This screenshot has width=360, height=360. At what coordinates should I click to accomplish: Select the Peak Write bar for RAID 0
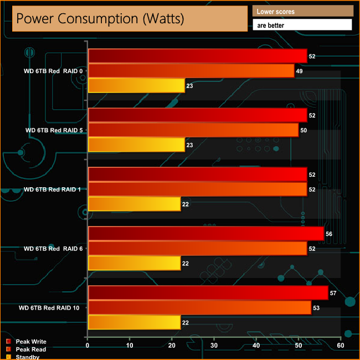click(197, 56)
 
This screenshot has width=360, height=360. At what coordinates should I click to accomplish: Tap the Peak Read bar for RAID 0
click(191, 71)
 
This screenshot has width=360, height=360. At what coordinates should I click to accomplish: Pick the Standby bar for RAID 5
click(136, 145)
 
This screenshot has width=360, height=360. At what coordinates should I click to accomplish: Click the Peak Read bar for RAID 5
click(193, 130)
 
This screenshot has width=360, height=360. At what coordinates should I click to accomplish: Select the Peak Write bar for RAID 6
click(205, 234)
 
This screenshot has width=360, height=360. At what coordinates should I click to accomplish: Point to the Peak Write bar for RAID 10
click(208, 293)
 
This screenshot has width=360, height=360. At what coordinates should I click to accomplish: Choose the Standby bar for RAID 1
click(134, 204)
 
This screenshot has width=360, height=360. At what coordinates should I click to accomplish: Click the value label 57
click(333, 293)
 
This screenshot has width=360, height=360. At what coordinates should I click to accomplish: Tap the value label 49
click(300, 71)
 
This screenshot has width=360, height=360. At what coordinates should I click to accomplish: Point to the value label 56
click(329, 234)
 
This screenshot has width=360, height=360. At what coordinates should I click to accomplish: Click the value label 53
click(317, 307)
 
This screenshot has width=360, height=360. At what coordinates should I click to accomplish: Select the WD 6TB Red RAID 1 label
click(53, 189)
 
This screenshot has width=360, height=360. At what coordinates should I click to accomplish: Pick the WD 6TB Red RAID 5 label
click(53, 130)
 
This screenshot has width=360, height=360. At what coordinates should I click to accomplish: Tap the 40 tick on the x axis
click(256, 346)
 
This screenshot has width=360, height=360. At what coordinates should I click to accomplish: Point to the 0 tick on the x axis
click(88, 346)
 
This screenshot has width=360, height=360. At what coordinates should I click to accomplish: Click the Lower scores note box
click(302, 11)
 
